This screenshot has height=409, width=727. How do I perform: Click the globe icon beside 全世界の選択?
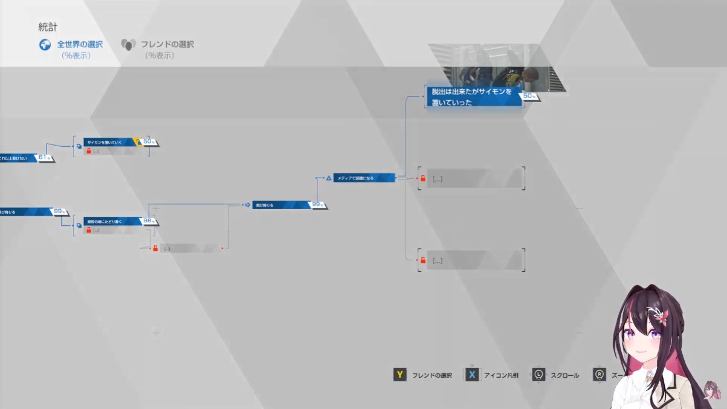[45, 45]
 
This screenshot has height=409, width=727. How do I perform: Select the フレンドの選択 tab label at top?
[167, 44]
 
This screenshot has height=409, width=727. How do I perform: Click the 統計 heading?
[48, 27]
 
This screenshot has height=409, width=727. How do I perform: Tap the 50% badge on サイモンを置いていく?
[149, 142]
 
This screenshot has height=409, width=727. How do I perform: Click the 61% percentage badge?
[44, 158]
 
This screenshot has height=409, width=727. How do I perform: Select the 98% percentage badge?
[149, 221]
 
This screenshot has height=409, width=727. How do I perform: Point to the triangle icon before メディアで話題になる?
[329, 178]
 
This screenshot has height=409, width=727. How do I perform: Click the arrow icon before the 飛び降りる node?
[247, 205]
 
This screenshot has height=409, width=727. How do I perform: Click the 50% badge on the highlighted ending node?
[529, 96]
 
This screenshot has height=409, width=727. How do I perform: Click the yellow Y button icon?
[399, 375]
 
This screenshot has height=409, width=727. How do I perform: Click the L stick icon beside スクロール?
[538, 375]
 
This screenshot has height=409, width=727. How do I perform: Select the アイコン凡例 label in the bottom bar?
[501, 375]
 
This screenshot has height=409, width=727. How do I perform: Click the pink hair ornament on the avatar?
[657, 314]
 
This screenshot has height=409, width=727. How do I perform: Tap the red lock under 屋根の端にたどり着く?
[88, 230]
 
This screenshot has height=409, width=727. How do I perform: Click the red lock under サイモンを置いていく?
[88, 151]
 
